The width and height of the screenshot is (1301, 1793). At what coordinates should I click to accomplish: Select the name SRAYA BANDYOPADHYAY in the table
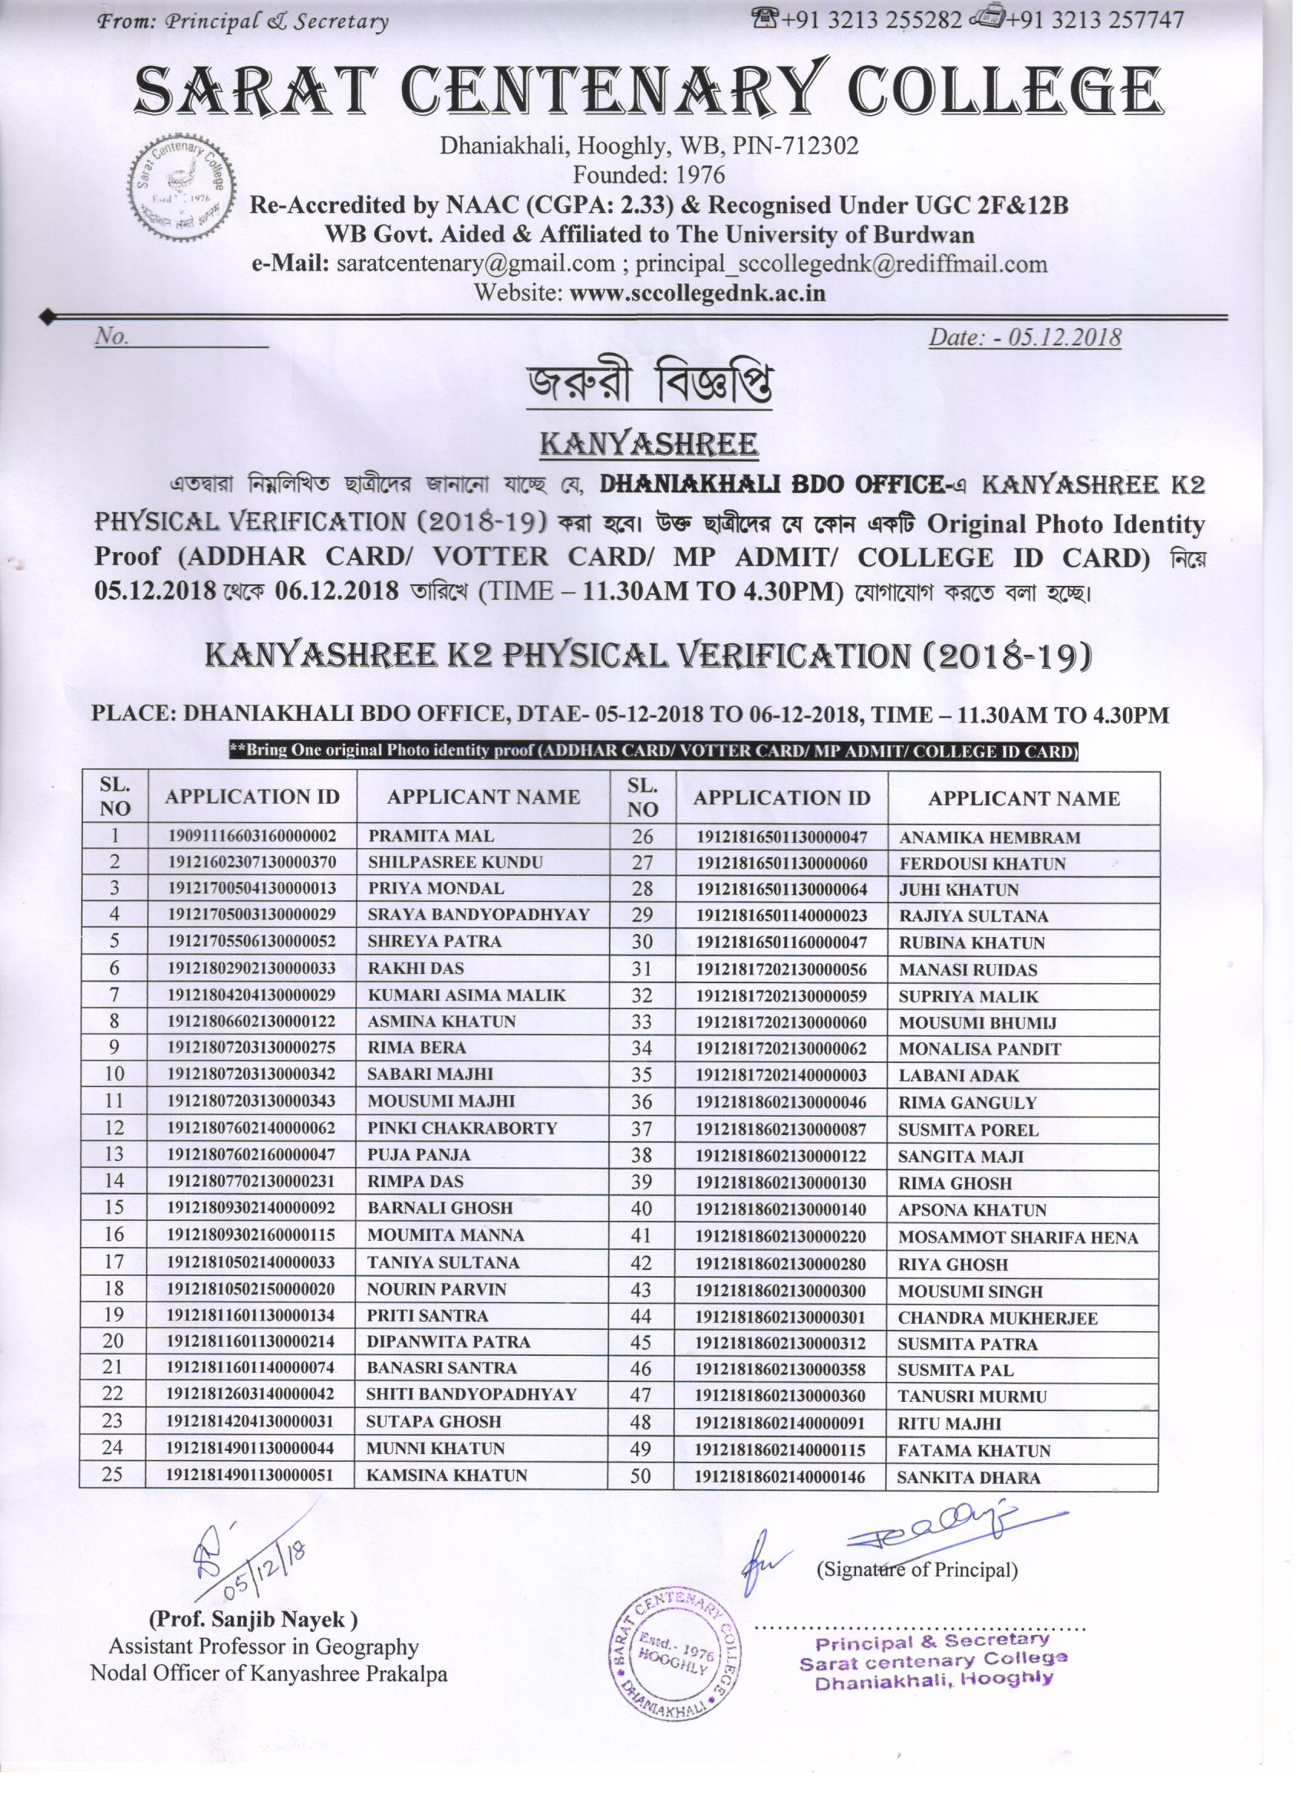pyautogui.click(x=479, y=915)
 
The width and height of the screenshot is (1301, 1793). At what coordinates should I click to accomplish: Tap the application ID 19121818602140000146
pyautogui.click(x=780, y=1477)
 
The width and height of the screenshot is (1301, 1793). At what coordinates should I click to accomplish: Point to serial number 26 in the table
pyautogui.click(x=642, y=837)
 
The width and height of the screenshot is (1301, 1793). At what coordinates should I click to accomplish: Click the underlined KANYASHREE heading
pyautogui.click(x=648, y=444)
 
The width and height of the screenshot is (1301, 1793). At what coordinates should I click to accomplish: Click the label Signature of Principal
pyautogui.click(x=917, y=1569)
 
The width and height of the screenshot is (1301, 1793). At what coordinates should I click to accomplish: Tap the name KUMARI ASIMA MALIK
pyautogui.click(x=466, y=995)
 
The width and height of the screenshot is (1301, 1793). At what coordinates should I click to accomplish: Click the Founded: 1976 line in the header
pyautogui.click(x=648, y=175)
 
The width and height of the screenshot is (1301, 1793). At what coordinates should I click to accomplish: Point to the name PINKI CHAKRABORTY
pyautogui.click(x=462, y=1128)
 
